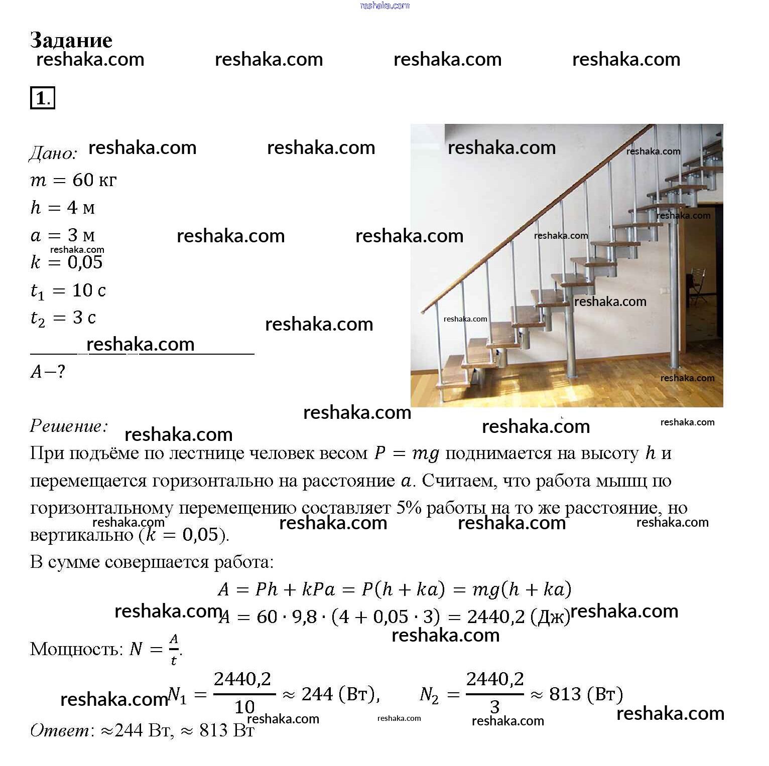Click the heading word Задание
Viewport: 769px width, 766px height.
pos(71,40)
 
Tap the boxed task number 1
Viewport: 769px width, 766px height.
pos(42,98)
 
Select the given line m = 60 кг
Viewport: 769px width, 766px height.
pos(73,180)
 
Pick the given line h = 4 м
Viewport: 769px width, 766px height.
pos(63,207)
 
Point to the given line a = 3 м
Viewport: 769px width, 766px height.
pos(63,235)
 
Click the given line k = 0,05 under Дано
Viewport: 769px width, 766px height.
pos(66,262)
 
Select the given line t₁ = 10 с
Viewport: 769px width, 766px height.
pos(68,290)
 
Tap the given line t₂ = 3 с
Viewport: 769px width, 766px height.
pos(63,318)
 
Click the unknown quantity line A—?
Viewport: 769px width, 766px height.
pos(48,371)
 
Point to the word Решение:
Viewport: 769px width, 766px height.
pos(69,425)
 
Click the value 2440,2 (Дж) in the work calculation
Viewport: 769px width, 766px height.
pos(519,617)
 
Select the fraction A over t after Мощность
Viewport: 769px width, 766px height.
pos(174,649)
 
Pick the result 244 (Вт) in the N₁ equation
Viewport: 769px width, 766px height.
pos(340,694)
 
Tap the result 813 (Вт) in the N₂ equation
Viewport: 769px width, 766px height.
pos(586,694)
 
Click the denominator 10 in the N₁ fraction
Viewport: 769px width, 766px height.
pos(244,707)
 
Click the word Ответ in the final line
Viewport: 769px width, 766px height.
pos(60,730)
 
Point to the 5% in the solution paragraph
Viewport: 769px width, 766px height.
pos(408,508)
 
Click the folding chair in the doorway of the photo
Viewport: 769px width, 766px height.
pos(698,283)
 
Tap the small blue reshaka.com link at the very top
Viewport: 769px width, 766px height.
pos(384,6)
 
